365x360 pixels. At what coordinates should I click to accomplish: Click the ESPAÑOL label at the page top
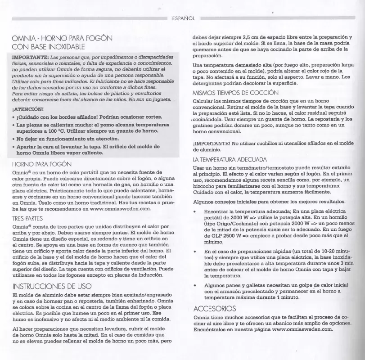point(183,19)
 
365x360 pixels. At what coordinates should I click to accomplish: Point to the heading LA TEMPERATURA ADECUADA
point(230,159)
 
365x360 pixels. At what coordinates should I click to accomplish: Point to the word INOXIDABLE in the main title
point(62,46)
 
